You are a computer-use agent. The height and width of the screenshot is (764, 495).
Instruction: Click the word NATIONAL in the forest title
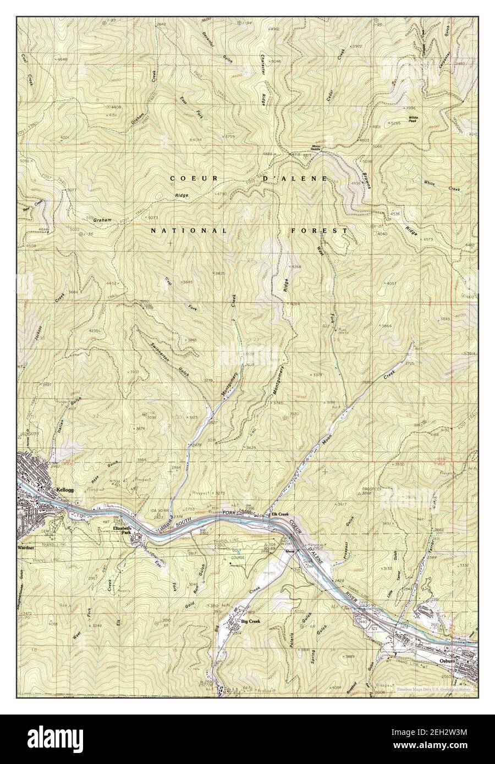189,231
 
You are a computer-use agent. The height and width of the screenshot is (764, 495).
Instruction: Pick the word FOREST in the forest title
319,231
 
